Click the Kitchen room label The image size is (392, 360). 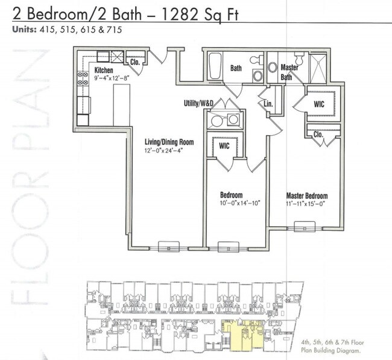point(104,71)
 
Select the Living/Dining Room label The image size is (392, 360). point(169,142)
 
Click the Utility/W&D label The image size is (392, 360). point(198,104)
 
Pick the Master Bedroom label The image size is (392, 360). point(306,196)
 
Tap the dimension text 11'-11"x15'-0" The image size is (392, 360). point(306,204)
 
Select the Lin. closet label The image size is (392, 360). point(269,104)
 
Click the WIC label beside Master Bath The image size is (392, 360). point(319,104)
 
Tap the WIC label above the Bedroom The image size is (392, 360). point(224,145)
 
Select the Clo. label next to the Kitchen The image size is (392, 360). point(135,62)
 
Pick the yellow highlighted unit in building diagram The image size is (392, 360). point(242,335)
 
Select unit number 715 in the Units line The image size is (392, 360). point(113,30)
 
